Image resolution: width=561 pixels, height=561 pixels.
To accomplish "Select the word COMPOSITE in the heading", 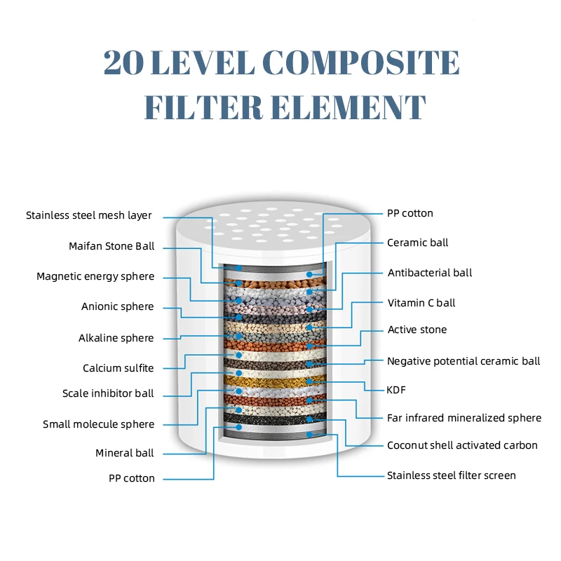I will tap(365, 63).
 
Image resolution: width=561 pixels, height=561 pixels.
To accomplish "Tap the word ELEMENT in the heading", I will tap(339, 107).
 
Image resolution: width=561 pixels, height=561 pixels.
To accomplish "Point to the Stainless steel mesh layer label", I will tap(89, 215).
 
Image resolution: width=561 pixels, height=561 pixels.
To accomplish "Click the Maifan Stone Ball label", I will tap(111, 246).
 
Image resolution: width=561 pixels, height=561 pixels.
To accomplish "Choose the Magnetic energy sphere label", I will tap(95, 276).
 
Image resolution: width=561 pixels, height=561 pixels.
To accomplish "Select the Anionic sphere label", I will tap(117, 306).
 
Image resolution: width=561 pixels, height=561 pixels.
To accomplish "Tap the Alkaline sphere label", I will tap(116, 338).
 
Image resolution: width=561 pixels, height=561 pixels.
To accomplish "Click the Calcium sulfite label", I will tap(118, 368).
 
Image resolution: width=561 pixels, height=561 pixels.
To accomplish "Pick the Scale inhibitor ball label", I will tap(108, 393).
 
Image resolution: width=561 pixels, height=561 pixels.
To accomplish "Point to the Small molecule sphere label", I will tap(98, 424).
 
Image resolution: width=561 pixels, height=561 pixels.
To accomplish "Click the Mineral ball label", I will tap(125, 453).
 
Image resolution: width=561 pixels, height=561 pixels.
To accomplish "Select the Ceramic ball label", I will tap(418, 243).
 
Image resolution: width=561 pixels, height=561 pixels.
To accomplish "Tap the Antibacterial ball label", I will tap(430, 273).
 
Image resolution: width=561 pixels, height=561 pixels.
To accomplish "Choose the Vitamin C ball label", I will tap(421, 303).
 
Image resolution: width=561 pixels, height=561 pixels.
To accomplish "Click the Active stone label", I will tap(417, 330).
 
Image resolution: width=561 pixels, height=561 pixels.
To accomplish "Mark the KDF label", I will tap(397, 390).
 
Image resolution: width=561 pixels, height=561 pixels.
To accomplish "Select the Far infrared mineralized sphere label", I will tap(464, 418).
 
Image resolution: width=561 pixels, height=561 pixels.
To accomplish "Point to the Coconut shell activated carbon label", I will tap(462, 445).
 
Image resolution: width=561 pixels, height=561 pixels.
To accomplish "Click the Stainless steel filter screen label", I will tap(452, 475).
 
